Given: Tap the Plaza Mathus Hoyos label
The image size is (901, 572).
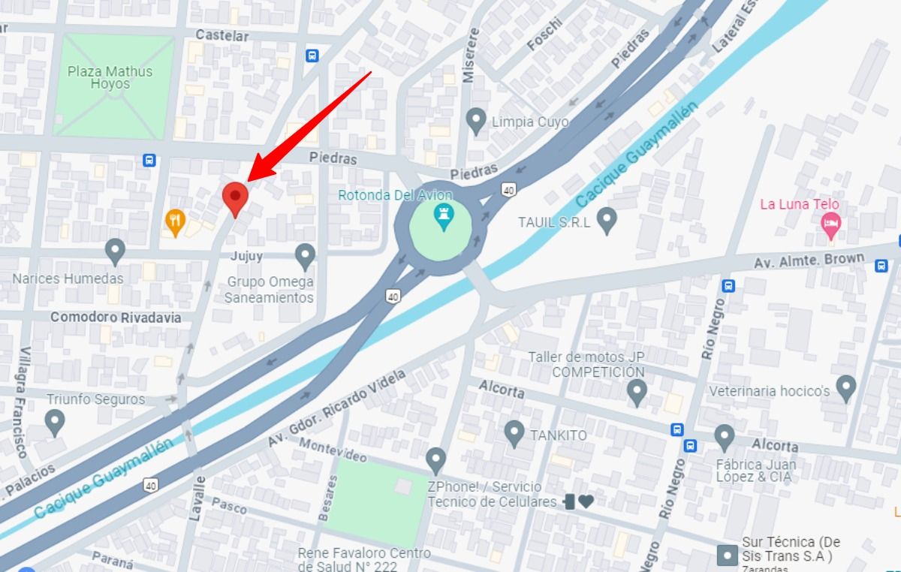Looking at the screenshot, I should pos(110,78).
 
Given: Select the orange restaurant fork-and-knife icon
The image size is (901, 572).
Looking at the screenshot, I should pos(175,220).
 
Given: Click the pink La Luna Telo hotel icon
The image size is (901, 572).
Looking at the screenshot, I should pos(830,224).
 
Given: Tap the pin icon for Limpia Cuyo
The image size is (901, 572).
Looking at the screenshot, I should pos(475,120).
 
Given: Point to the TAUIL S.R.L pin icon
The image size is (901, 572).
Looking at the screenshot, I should pos(607,221).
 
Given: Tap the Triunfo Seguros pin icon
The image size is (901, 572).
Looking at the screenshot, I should pos(55,422).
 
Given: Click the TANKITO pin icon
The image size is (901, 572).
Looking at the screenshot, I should pos(514,432).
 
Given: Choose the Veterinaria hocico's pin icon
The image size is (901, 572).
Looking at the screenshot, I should pos(846,388).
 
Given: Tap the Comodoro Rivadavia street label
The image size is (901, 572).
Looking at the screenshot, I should pos(116,318).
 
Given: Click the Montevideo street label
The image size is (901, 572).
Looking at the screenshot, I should pos(332,450).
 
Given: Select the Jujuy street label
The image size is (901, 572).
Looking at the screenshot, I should pos(247,256).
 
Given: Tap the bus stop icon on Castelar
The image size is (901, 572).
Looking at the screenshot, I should pos(312,55).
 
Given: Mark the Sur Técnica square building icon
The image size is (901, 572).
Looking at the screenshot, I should pos(727,556).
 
